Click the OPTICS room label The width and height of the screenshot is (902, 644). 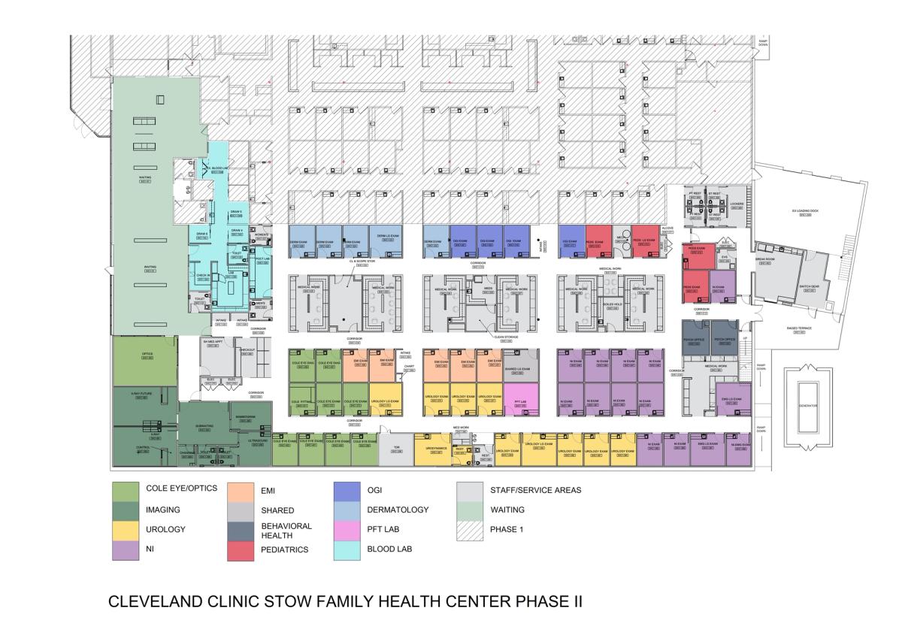[x=147, y=355]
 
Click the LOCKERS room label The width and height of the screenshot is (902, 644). [x=737, y=204]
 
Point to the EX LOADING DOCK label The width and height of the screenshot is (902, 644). [x=807, y=213]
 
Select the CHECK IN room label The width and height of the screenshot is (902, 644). [x=203, y=276]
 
